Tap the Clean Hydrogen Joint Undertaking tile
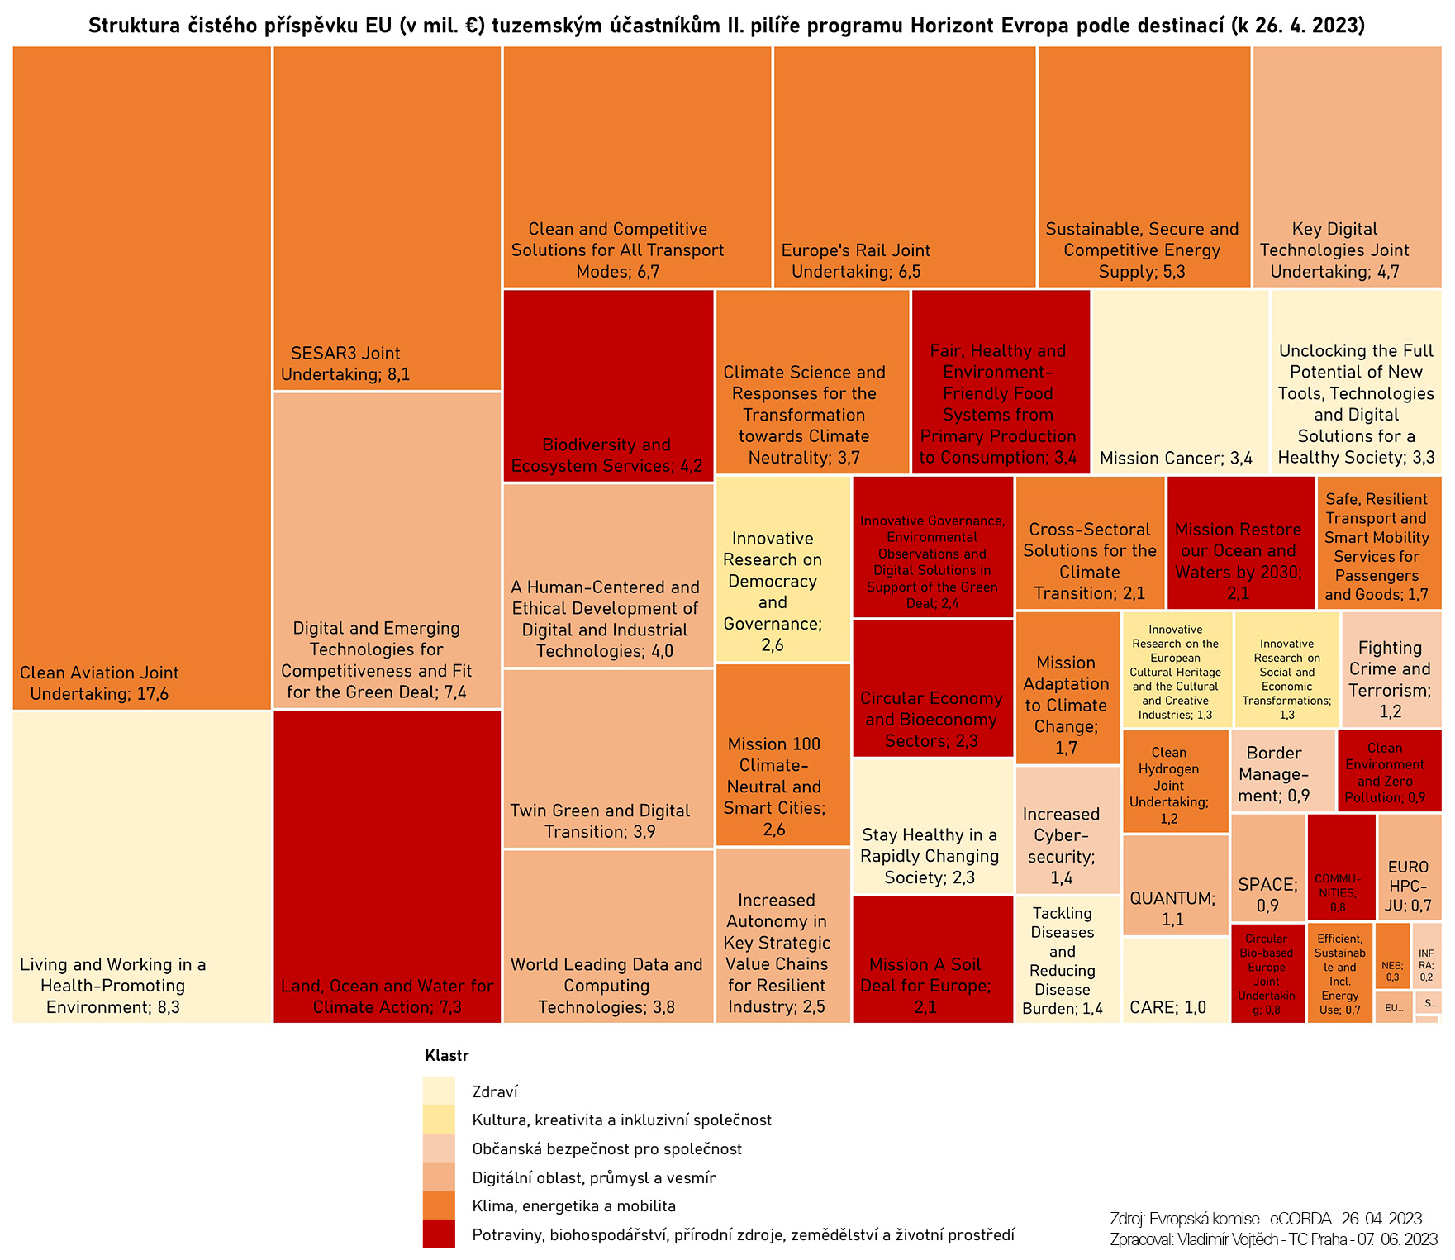[1175, 781]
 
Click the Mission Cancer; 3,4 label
[1176, 459]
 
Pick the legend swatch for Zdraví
[438, 1091]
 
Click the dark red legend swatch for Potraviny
[438, 1234]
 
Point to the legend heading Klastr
[446, 1055]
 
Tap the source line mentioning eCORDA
[1265, 1219]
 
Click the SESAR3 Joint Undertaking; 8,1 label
[345, 364]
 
